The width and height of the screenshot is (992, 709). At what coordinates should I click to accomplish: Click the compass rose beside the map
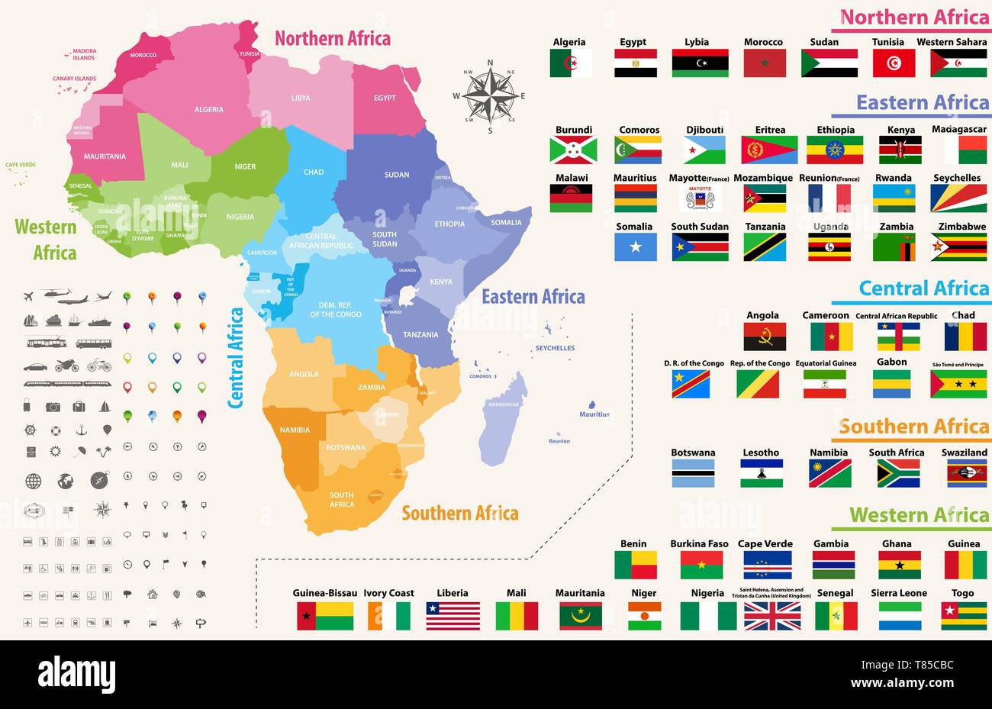(489, 97)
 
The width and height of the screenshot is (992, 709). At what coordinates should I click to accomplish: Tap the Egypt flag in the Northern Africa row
(635, 63)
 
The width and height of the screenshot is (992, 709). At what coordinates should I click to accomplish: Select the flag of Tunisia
(894, 63)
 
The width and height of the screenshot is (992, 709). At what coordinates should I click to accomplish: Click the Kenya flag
(900, 150)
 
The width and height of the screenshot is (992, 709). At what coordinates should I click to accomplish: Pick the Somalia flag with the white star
(635, 247)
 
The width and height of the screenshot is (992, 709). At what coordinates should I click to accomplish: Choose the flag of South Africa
(898, 473)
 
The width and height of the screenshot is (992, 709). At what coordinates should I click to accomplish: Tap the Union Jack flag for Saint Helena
(771, 616)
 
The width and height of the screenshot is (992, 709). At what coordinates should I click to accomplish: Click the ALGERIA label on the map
(209, 110)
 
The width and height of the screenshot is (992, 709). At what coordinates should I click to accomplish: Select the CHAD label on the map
(314, 172)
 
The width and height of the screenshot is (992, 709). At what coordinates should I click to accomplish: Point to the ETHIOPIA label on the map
(449, 224)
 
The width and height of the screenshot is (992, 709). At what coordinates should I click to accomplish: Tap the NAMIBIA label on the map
(295, 430)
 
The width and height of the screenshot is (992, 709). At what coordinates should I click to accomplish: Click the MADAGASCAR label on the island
(504, 404)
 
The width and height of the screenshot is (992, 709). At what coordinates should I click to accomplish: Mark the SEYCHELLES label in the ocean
(555, 348)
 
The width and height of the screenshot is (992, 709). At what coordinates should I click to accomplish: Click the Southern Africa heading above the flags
(913, 427)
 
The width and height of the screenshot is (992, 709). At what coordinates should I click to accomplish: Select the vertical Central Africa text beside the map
(237, 357)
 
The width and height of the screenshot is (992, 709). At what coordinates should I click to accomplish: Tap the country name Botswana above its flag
(693, 453)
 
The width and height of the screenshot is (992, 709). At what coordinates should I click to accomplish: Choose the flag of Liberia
(453, 616)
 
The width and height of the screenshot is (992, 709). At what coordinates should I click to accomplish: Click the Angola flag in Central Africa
(765, 337)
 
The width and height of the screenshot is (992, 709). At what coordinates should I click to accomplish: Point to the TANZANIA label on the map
(420, 335)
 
